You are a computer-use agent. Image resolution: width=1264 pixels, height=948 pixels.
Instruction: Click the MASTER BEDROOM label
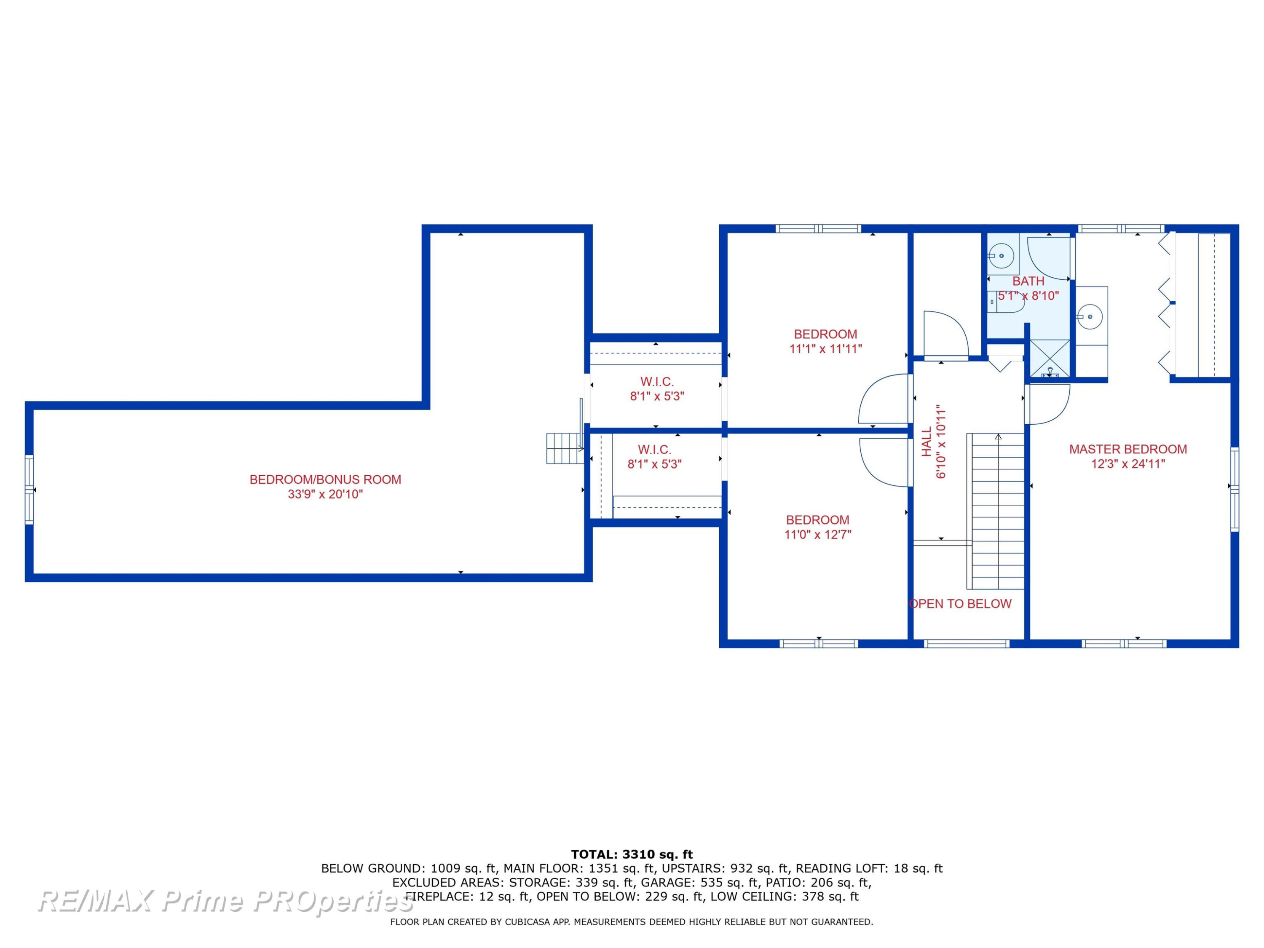[1127, 449]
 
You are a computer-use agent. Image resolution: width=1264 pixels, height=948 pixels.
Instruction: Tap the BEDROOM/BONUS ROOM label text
[325, 479]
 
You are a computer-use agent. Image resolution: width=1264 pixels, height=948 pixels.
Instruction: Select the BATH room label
[1028, 281]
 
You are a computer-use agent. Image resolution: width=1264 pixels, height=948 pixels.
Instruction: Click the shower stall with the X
[1050, 358]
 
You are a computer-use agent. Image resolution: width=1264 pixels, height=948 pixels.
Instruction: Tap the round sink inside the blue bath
[1002, 257]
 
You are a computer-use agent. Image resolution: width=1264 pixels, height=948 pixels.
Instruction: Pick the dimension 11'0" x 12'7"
[818, 534]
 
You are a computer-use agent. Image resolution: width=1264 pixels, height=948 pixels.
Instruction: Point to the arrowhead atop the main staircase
[998, 437]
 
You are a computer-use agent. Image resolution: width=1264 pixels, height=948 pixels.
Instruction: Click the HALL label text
[926, 442]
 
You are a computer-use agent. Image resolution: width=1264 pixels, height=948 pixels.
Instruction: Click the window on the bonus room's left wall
[29, 490]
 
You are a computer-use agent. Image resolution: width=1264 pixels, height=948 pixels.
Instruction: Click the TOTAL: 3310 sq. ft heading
[632, 854]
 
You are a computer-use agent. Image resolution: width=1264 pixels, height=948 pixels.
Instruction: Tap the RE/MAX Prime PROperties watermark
[226, 901]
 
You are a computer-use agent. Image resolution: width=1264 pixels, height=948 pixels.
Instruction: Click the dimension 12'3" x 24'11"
[1127, 463]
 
